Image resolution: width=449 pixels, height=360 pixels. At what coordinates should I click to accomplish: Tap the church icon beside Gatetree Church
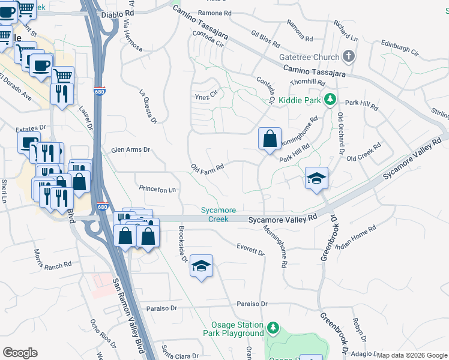click(349, 57)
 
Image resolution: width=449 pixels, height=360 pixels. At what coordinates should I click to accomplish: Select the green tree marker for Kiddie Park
click(329, 99)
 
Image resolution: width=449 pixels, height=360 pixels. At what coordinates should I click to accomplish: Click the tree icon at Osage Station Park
click(273, 328)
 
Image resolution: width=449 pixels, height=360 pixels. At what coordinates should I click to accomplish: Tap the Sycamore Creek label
click(218, 214)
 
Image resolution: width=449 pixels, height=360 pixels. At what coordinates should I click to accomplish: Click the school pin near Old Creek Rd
click(316, 178)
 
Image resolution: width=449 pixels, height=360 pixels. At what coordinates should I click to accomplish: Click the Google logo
click(20, 353)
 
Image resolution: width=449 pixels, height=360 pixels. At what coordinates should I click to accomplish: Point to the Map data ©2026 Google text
click(411, 355)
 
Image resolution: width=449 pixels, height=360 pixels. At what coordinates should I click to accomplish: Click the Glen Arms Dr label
click(130, 150)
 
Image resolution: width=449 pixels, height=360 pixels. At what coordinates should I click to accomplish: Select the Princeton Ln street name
click(157, 190)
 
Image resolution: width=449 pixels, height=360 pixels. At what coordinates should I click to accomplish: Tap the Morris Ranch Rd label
click(53, 259)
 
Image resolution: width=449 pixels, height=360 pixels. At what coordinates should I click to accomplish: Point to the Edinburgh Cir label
click(400, 47)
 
